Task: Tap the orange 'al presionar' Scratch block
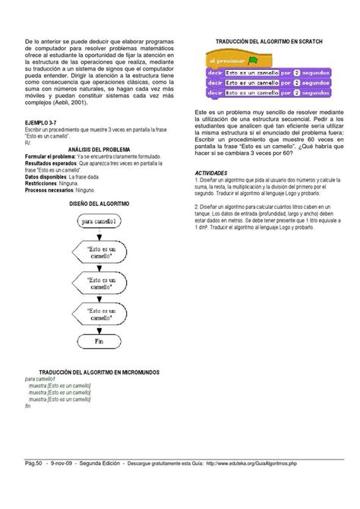222,60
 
